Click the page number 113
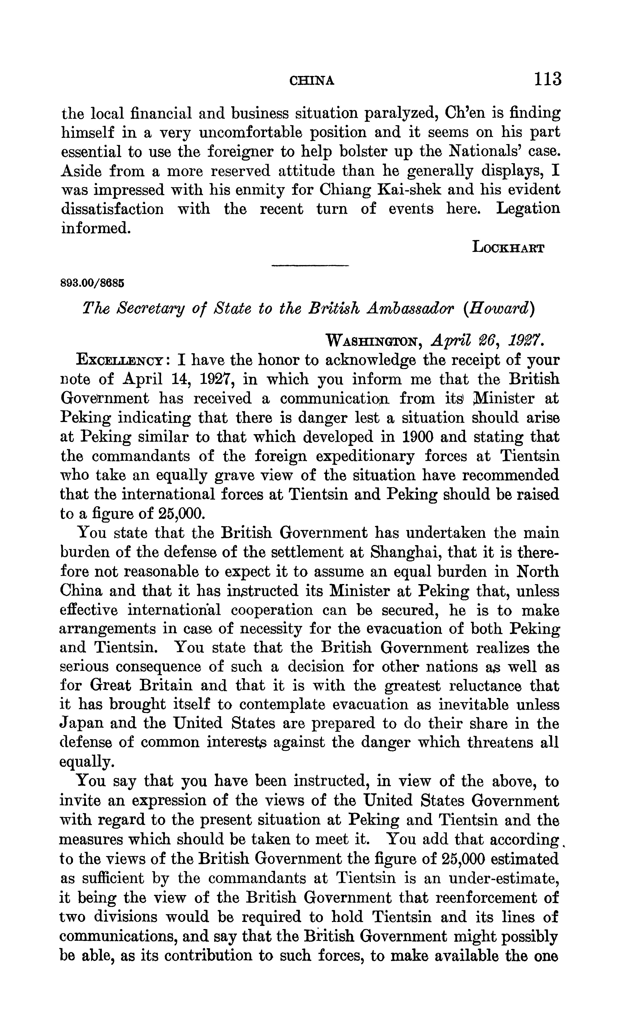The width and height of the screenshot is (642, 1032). click(x=548, y=79)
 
